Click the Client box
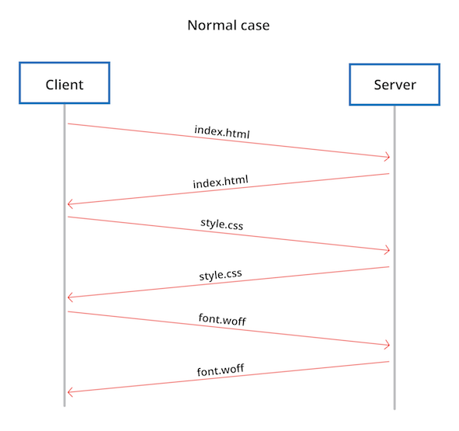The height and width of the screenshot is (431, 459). (64, 83)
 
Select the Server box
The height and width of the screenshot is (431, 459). (395, 84)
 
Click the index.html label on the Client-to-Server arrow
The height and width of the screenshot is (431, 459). (222, 131)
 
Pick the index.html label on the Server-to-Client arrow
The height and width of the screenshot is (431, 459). (221, 182)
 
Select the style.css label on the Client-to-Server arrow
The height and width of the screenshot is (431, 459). (221, 226)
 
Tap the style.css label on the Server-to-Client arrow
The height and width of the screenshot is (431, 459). (221, 275)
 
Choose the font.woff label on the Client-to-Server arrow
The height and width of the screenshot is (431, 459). (222, 320)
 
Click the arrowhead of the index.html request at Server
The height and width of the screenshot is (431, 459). (385, 157)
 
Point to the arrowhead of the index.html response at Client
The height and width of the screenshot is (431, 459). (71, 204)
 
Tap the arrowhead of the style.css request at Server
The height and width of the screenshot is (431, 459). (385, 250)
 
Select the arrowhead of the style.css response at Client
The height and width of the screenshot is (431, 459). (71, 297)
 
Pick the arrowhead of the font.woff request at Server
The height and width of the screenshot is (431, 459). (385, 345)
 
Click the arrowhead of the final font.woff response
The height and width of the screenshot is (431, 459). (71, 392)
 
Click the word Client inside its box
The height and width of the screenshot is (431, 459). (64, 84)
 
